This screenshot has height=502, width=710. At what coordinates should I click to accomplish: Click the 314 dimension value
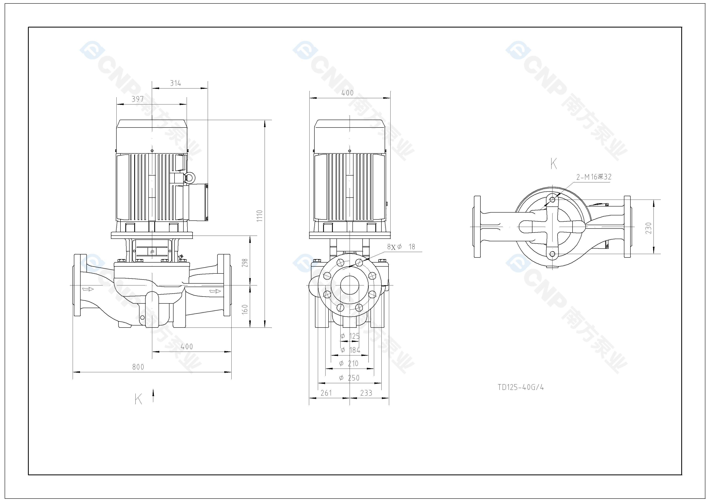(175, 83)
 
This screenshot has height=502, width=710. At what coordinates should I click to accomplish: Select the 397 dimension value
(138, 99)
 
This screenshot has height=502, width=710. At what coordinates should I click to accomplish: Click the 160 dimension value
(245, 309)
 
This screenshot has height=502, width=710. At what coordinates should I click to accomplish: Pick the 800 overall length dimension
(138, 367)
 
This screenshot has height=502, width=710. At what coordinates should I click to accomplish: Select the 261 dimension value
(326, 393)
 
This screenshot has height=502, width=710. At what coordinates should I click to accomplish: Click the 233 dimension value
(366, 393)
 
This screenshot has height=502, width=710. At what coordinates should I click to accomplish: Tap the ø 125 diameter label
(350, 336)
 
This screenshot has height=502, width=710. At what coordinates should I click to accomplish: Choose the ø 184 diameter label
(350, 350)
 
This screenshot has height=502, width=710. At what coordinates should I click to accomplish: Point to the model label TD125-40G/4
(521, 387)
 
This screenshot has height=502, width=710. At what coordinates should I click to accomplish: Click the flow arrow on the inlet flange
(88, 289)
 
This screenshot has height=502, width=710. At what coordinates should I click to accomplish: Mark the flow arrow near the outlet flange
(215, 291)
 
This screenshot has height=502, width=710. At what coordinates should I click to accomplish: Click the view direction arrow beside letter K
(153, 396)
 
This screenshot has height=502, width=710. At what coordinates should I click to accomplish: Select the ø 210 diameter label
(349, 364)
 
